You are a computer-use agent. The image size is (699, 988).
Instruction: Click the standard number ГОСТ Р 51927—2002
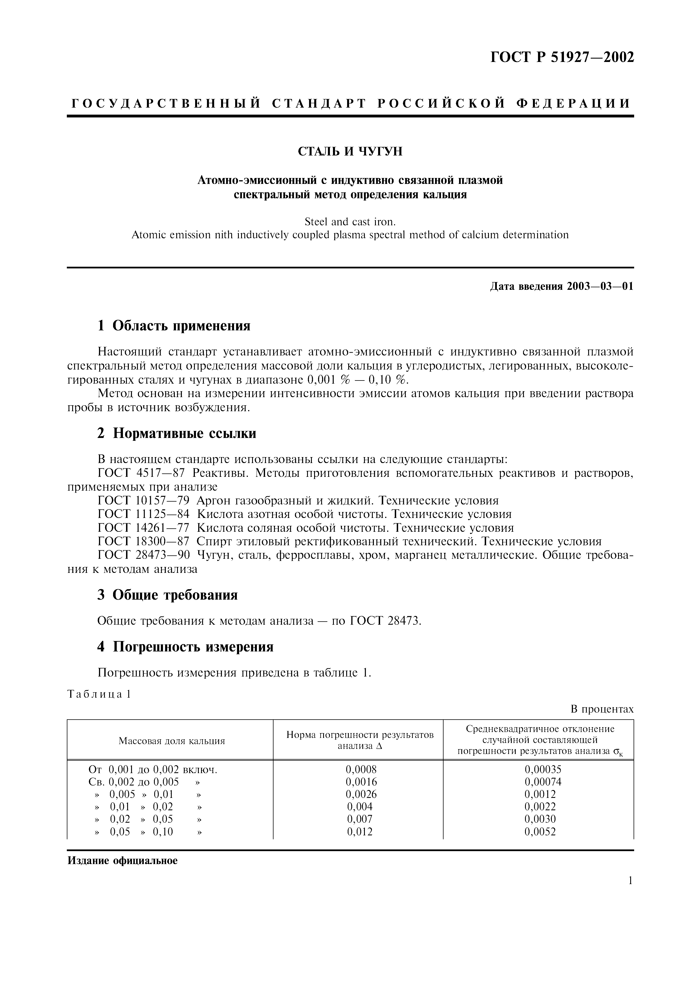tap(562, 57)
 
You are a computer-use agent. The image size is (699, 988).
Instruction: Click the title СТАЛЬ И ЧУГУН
tap(350, 152)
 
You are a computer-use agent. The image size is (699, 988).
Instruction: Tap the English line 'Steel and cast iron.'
tap(350, 222)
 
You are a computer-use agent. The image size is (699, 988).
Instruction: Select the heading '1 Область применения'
tap(174, 326)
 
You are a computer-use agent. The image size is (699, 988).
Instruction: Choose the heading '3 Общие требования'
tap(167, 595)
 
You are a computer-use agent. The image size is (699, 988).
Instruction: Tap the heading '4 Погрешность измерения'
tap(185, 647)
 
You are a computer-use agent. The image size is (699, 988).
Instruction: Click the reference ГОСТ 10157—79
tap(144, 500)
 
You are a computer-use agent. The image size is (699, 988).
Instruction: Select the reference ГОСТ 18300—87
tap(144, 541)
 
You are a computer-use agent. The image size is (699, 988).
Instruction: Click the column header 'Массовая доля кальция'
tap(171, 741)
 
